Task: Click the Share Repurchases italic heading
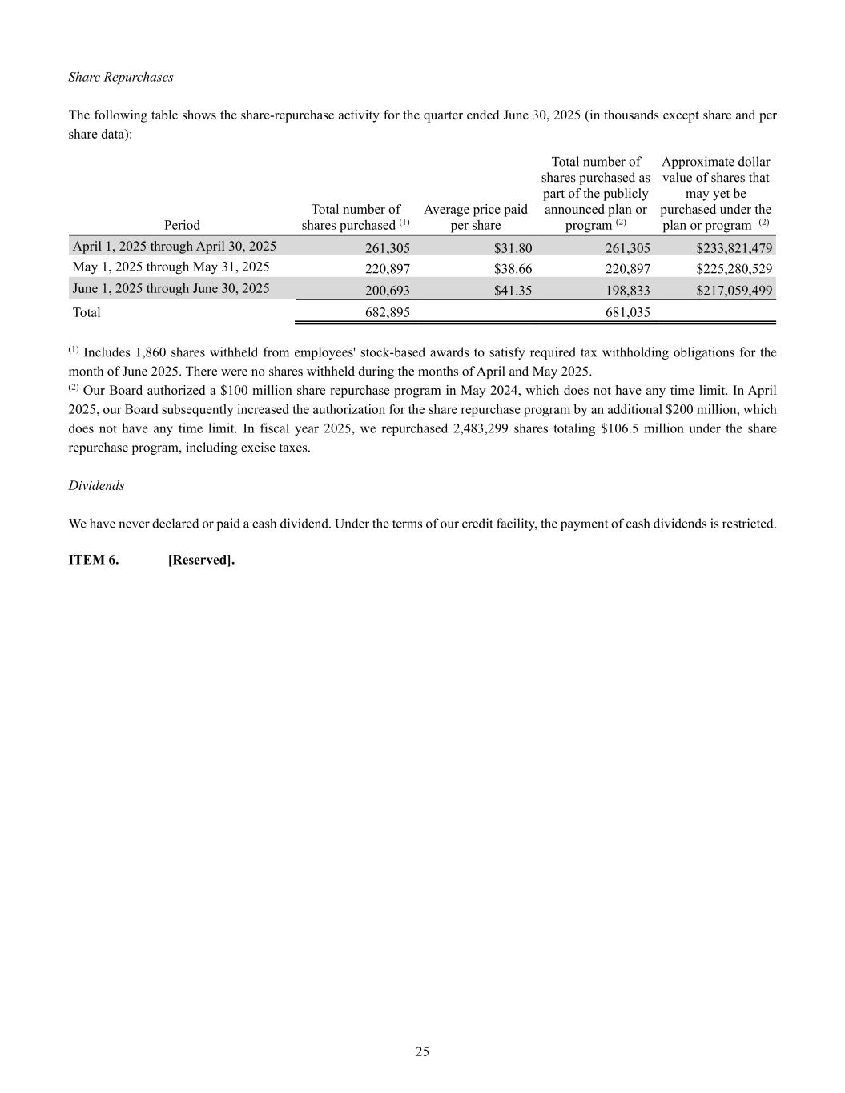[121, 77]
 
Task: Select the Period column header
[182, 225]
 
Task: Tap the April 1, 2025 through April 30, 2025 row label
[174, 246]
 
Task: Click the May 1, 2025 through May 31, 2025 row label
[171, 267]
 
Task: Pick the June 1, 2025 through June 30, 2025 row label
[171, 288]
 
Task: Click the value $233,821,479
[734, 248]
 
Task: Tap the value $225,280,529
[734, 269]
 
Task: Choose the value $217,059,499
[734, 291]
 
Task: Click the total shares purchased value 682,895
[387, 312]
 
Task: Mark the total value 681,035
[627, 312]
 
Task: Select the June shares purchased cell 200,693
[387, 291]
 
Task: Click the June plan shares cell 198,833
[627, 291]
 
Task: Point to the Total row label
[87, 312]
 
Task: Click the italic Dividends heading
[96, 485]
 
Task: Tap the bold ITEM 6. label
[94, 560]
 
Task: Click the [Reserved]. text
[201, 560]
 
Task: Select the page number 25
[422, 1051]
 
